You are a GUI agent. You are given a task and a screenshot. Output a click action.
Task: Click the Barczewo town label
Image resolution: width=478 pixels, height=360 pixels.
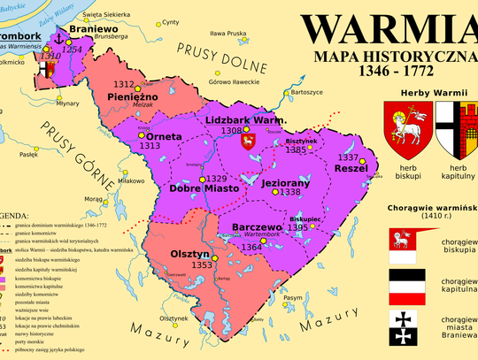pyautogui.click(x=256, y=226)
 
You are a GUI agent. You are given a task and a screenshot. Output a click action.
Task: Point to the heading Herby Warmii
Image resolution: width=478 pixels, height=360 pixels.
pyautogui.click(x=432, y=92)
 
